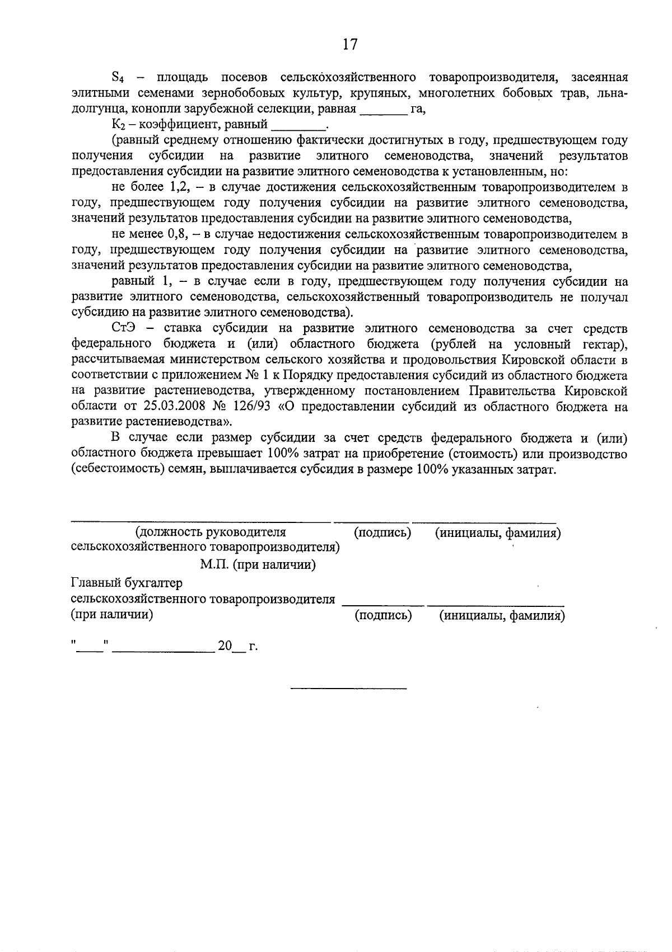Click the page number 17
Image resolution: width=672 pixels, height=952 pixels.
coord(349,45)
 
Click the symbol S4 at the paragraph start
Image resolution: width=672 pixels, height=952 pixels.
coord(118,77)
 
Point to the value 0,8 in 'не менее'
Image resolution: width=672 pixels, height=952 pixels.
coord(180,234)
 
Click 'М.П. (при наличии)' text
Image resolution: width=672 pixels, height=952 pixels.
coord(258,564)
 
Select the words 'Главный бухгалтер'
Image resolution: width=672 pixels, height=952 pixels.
coord(127,583)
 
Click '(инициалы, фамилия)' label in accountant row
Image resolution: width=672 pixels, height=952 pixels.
coord(502,616)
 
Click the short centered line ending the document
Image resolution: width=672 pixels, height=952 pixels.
coord(348,687)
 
